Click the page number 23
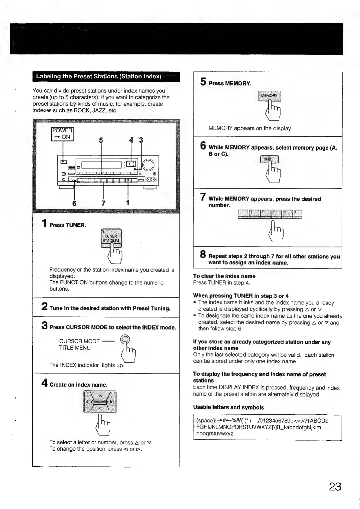pyautogui.click(x=335, y=487)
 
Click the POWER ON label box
pyautogui.click(x=63, y=134)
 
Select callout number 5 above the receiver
pyautogui.click(x=101, y=140)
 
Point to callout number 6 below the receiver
pyautogui.click(x=74, y=203)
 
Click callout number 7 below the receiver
pyautogui.click(x=103, y=203)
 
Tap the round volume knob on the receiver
pyautogui.click(x=148, y=165)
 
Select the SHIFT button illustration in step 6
pyautogui.click(x=270, y=159)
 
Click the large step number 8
pyautogui.click(x=203, y=254)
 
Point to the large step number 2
pyautogui.click(x=44, y=306)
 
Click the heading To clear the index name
pyautogui.click(x=224, y=276)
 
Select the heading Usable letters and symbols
pyautogui.click(x=229, y=407)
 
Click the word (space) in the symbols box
pyautogui.click(x=206, y=421)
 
